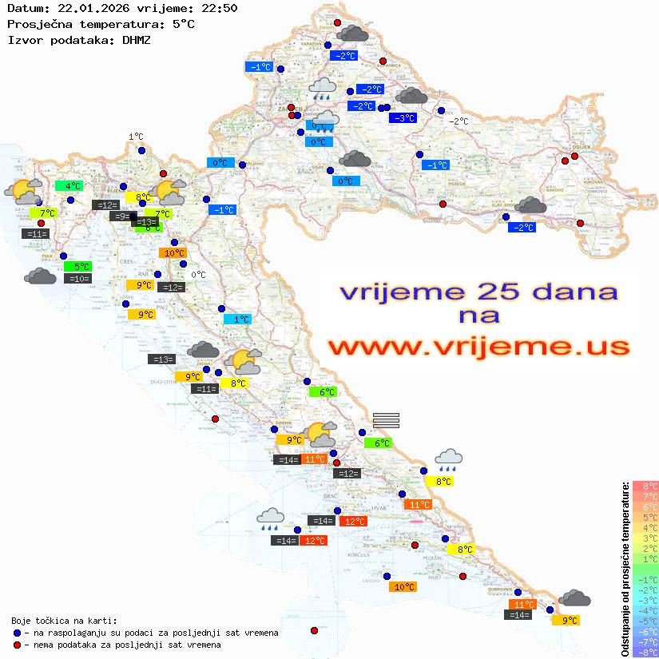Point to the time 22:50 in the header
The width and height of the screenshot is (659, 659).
pos(220,8)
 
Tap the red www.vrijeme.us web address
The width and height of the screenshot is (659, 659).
pos(478,347)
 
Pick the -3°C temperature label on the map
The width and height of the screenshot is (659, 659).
pos(403,118)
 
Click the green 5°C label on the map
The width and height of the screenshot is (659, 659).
pos(81,266)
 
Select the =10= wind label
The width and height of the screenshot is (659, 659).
pos(79,279)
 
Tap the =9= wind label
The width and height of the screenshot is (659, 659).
pos(120,216)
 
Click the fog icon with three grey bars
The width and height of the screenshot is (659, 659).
pos(386,420)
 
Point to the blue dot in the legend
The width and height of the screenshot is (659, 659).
pos(17,633)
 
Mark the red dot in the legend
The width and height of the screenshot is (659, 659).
pos(17,645)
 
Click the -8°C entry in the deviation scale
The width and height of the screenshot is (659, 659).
pos(645,652)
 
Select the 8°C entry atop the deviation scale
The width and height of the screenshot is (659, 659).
pos(645,486)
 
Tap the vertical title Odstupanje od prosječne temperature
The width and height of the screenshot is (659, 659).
pos(625,568)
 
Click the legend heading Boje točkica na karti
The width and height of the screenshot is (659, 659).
pos(65,620)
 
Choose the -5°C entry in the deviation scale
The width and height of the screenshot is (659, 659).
pos(645,621)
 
